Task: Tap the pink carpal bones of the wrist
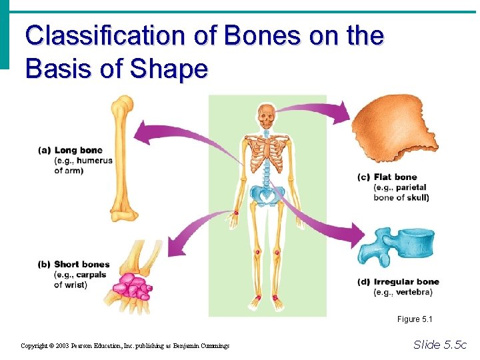click(133, 286)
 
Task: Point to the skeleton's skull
click(267, 116)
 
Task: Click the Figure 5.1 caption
click(415, 319)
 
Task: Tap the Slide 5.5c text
click(440, 345)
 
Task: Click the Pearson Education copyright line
click(125, 346)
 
